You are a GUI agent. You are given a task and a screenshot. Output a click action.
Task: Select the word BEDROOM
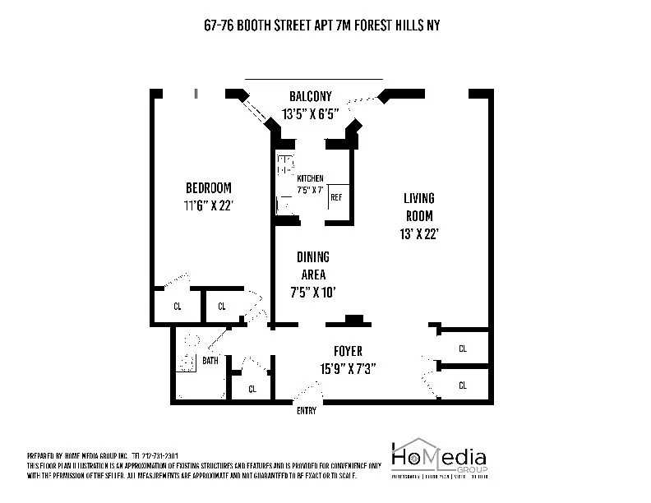208,187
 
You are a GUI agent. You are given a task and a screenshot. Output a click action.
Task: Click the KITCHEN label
310,178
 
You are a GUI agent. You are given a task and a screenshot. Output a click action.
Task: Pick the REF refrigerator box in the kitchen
337,197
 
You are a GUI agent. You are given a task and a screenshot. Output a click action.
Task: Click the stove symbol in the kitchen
285,164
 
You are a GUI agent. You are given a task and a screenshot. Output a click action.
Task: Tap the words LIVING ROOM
418,206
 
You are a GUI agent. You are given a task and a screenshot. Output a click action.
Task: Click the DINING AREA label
313,265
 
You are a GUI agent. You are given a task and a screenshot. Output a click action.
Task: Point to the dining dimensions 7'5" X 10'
313,292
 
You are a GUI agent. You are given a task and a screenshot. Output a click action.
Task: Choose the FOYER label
349,351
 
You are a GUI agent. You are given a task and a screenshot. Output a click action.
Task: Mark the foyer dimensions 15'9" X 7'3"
349,369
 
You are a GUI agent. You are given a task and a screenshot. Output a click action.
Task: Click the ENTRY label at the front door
306,411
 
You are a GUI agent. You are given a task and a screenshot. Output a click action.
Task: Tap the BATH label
210,360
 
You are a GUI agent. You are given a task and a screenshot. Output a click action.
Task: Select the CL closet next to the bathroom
252,389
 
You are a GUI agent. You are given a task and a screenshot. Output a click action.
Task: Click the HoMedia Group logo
438,459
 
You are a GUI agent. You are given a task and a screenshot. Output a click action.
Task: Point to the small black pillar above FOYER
353,320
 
